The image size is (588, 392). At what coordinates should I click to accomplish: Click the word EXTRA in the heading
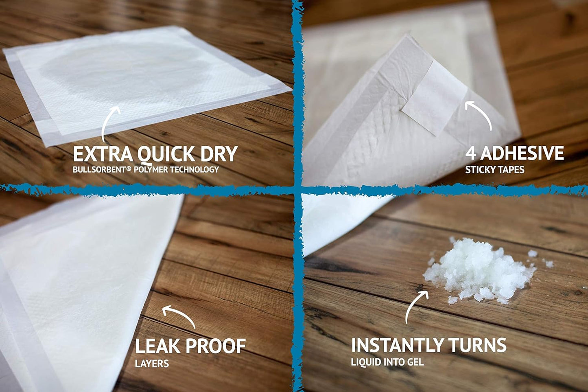coord(103,154)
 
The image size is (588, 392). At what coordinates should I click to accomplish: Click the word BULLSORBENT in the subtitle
coord(98,169)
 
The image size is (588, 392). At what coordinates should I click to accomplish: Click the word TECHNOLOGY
coord(195,169)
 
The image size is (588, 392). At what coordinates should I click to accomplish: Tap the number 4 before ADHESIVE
coord(471,153)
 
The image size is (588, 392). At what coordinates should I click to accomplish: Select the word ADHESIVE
coord(522,153)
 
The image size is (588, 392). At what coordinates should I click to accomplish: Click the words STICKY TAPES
coord(494,169)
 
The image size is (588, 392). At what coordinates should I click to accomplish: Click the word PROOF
coord(215,346)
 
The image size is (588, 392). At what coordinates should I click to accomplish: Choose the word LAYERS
coord(152,363)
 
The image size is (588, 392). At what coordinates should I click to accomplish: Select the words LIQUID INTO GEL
coord(387,361)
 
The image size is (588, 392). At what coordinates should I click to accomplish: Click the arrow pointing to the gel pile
coord(415,305)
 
